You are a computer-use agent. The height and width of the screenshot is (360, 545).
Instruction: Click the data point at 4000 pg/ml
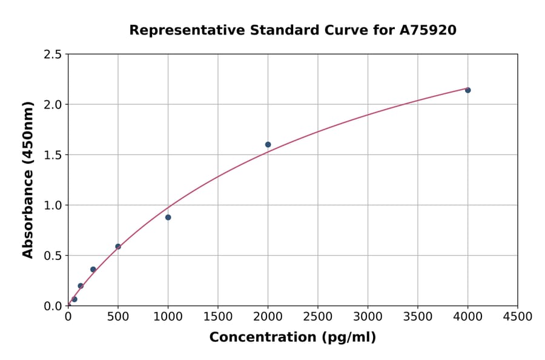click(467, 90)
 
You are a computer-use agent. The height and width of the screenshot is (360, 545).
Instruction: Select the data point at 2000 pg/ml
click(268, 144)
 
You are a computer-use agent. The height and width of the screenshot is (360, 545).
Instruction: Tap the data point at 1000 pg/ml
click(168, 217)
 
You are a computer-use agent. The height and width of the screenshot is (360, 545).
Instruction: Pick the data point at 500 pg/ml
click(118, 247)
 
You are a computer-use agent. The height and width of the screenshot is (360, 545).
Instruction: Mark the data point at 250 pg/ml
click(93, 270)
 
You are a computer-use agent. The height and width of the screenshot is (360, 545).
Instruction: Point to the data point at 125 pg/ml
click(81, 285)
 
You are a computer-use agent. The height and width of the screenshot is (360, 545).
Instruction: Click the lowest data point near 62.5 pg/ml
click(74, 299)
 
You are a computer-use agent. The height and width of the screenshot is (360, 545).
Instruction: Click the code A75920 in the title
click(429, 30)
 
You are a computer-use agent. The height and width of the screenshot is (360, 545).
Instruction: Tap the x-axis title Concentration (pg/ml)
click(292, 338)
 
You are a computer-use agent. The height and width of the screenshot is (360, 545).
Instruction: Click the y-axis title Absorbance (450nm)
click(28, 180)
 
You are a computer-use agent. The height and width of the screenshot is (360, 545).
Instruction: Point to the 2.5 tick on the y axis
click(53, 55)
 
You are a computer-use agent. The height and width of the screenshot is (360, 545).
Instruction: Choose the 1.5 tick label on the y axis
click(53, 155)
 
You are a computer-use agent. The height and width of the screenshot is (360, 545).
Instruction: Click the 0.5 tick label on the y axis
click(53, 256)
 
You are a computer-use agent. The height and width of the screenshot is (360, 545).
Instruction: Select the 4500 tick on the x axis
click(517, 316)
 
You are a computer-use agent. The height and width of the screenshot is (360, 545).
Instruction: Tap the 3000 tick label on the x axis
click(368, 316)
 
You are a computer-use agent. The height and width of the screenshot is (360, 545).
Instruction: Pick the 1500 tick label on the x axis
click(218, 316)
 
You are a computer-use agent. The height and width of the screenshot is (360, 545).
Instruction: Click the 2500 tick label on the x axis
click(318, 316)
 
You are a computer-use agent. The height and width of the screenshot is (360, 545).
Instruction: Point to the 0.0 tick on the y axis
click(53, 306)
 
